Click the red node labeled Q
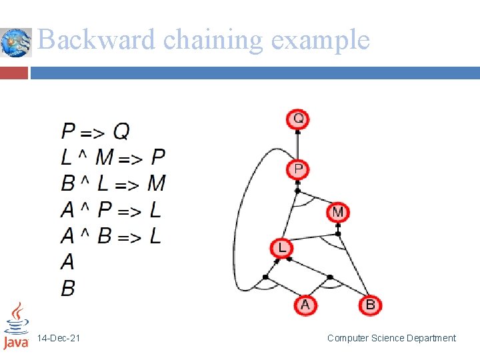(298, 119)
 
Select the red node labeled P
(298, 169)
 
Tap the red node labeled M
(338, 212)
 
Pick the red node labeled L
(281, 248)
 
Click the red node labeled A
(305, 305)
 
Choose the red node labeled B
(370, 305)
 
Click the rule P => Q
(95, 131)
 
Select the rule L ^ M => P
(113, 157)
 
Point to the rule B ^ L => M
(113, 183)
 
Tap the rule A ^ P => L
(111, 210)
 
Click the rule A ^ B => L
(111, 236)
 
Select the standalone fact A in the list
(67, 261)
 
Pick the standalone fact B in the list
(68, 288)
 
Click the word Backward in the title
(97, 40)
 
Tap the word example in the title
(320, 40)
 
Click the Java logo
(16, 326)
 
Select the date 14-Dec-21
(59, 339)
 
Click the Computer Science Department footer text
(391, 338)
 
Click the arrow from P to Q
(298, 144)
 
